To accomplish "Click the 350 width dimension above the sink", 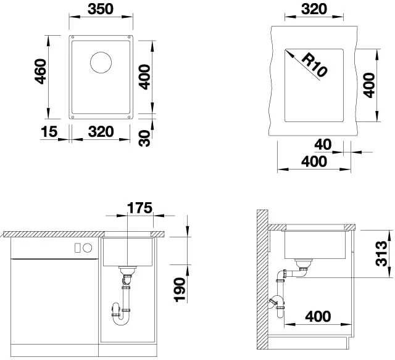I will tap(100, 10).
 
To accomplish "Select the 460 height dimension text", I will tap(40, 73).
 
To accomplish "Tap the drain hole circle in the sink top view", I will tap(101, 63).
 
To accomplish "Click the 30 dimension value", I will tap(146, 138).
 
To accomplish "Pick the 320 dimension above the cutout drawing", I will tap(314, 10).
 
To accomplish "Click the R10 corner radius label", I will tap(314, 65).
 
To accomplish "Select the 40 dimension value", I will tap(323, 145).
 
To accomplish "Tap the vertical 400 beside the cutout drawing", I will tap(369, 85).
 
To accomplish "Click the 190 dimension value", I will tap(180, 290).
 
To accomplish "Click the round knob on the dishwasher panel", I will tap(87, 248).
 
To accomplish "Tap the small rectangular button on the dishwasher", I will tap(77, 248).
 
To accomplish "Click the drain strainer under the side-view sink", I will tap(302, 265).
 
